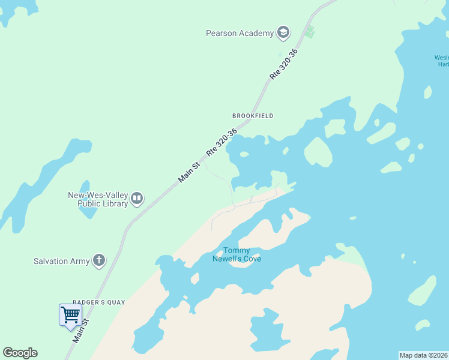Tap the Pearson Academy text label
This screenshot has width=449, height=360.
(240, 34)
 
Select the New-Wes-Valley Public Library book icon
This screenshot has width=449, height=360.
(137, 199)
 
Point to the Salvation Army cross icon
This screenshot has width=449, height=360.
(99, 261)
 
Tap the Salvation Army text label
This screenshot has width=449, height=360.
(61, 261)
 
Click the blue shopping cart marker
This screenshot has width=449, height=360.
(70, 314)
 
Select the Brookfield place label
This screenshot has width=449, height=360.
(253, 116)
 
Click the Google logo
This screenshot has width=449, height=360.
(20, 353)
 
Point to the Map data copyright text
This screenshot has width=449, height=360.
(423, 355)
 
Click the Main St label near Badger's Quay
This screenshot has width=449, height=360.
(81, 331)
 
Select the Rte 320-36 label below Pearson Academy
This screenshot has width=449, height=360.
(284, 64)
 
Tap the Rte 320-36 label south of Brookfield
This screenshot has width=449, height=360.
(221, 143)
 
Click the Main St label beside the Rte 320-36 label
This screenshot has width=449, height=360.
(188, 172)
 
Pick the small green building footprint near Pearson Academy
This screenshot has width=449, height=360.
(309, 32)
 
